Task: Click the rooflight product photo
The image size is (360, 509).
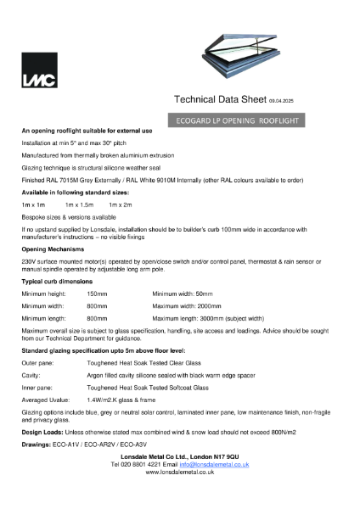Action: tap(239, 52)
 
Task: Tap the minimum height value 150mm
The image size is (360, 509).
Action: tap(97, 293)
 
